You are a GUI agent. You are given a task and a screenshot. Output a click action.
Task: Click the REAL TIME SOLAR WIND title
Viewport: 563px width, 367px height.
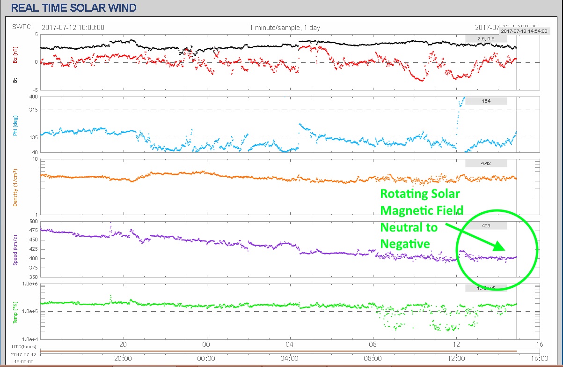coord(73,7)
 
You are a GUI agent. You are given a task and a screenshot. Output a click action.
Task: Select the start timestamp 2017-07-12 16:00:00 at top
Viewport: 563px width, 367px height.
coord(73,28)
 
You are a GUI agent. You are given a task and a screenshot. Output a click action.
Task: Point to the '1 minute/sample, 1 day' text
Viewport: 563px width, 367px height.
coord(285,28)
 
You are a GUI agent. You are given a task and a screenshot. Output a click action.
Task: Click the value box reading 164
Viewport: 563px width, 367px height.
coord(486,101)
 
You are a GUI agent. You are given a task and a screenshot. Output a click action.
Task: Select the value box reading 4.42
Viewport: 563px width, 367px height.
coord(486,163)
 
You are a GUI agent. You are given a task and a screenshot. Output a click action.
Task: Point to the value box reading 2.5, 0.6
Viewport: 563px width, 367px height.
coord(486,38)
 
